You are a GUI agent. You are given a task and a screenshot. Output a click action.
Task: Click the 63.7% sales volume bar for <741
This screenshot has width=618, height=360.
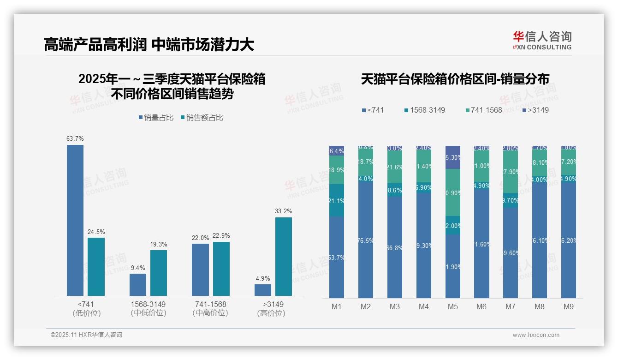coord(75,220)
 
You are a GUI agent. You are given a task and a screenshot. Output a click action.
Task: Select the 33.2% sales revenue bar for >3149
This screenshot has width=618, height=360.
coord(284,256)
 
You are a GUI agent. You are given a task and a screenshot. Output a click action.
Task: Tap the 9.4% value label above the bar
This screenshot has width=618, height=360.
coord(138,268)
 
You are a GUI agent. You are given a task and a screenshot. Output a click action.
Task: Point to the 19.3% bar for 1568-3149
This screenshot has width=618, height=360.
coord(159,273)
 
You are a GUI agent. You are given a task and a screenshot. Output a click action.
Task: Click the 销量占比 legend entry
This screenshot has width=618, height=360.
coord(156,118)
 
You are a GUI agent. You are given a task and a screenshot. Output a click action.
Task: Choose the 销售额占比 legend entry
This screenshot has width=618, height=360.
coord(202,118)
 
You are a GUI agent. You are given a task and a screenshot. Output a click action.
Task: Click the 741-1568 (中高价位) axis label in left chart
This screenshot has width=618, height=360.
coord(210,309)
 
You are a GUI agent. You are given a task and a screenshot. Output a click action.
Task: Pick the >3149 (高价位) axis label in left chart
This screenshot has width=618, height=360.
coord(273,309)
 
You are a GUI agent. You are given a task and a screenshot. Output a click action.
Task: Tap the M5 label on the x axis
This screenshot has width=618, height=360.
coord(453,306)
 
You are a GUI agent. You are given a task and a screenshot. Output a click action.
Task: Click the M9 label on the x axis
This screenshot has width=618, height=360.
coord(569,306)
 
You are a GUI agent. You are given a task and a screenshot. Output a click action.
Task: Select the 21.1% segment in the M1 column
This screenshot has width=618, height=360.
coord(337,200)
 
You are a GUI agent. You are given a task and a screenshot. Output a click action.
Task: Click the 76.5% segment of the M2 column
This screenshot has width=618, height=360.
coord(366,240)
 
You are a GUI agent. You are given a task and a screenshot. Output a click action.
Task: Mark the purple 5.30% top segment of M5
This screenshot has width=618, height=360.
coord(453,157)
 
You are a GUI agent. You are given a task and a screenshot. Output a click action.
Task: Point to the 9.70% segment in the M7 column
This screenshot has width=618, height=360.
coord(511,200)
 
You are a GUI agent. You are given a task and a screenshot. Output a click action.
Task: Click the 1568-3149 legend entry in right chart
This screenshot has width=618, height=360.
coord(424,110)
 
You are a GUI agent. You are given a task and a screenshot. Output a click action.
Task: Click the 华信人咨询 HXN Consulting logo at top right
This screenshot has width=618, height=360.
coord(542,41)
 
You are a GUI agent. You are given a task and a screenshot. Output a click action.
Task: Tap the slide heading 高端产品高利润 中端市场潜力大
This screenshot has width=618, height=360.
coord(149,45)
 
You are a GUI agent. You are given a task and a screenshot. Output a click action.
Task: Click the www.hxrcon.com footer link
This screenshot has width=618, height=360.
coord(536,335)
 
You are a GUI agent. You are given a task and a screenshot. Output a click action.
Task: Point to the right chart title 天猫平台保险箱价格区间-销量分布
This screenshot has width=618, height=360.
coord(455,79)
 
